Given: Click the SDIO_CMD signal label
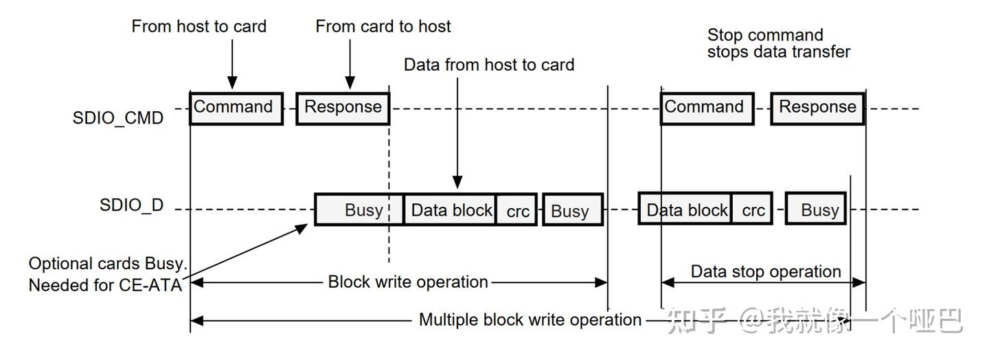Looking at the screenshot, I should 117,117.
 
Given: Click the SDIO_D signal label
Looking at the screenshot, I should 131,205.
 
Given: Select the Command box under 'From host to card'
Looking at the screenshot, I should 236,108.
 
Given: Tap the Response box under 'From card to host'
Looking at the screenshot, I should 343,108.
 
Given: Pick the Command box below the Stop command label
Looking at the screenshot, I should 707,108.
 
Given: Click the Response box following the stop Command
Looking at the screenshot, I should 817,108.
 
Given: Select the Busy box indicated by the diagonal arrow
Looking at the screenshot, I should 359,210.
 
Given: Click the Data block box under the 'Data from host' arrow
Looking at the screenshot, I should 451,210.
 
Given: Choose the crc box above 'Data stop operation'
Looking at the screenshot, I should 753,210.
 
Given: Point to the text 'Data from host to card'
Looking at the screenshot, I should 488,65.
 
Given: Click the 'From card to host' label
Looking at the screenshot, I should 383,27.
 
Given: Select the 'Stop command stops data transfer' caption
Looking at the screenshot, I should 778,43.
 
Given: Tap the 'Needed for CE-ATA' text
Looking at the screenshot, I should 105,284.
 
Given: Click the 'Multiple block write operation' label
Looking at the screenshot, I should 530,319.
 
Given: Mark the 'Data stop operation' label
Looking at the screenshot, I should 765,271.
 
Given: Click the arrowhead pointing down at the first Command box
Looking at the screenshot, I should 232,84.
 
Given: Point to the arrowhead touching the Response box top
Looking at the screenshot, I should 350,84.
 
